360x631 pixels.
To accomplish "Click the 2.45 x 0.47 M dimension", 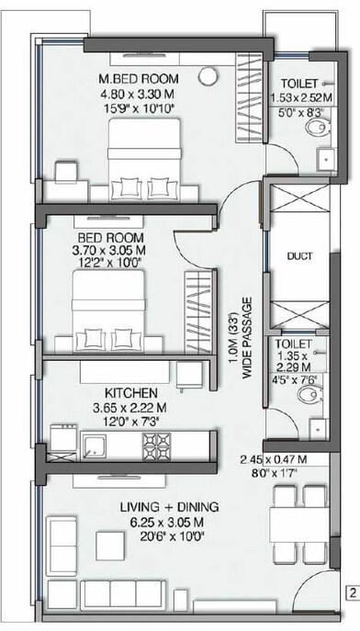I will [x=273, y=460].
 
